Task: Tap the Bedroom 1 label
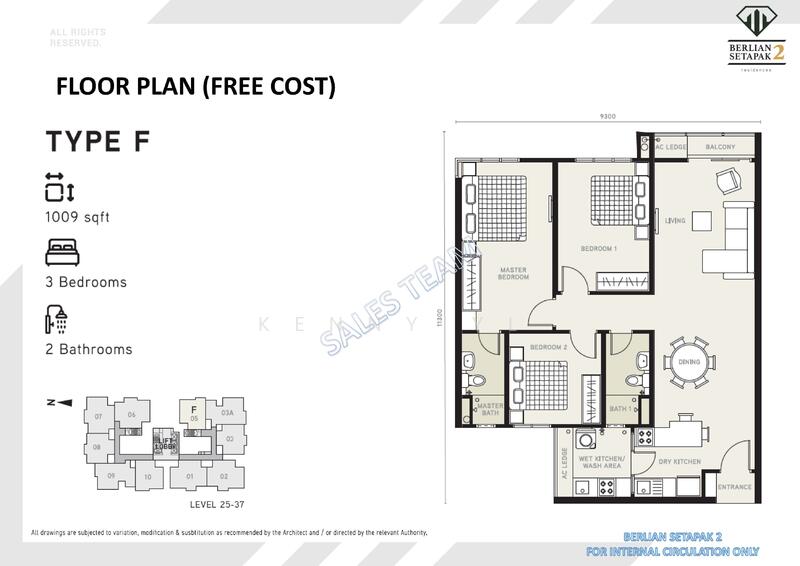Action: (599, 247)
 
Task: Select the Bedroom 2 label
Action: (549, 346)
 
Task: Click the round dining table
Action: (688, 365)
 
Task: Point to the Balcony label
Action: (720, 147)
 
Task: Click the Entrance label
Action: (734, 487)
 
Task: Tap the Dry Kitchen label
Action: (679, 461)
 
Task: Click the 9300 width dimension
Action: (609, 117)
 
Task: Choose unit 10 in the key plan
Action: (148, 477)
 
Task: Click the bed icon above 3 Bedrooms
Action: (60, 250)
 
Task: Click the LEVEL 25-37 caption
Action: (217, 504)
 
